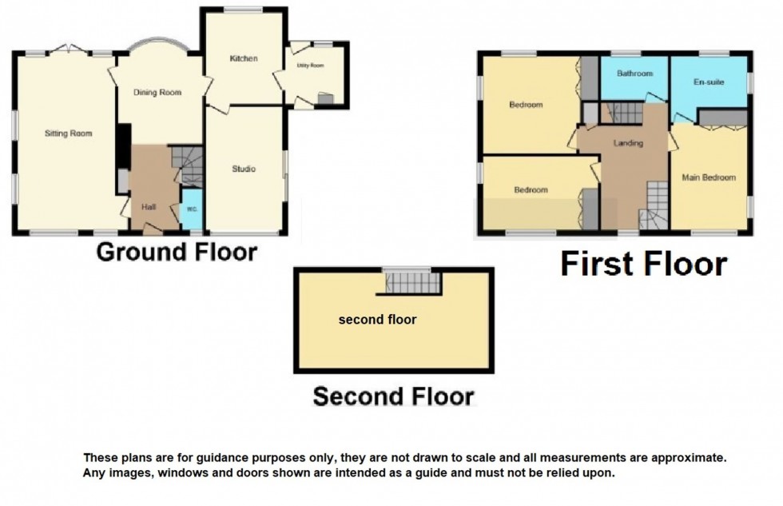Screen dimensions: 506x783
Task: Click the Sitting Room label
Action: [x=69, y=133]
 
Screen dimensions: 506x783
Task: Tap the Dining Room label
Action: [x=157, y=93]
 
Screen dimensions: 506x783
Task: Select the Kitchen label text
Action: [x=244, y=58]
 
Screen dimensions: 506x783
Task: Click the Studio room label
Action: [x=244, y=169]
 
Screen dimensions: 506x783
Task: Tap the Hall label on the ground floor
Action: [x=149, y=207]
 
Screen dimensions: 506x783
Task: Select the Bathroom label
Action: [x=635, y=74]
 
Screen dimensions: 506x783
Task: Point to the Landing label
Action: [x=629, y=143]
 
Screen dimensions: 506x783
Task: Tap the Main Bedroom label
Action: [x=709, y=177]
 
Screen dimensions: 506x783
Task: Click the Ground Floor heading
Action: [x=177, y=253]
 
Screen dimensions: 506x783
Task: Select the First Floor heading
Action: [x=643, y=264]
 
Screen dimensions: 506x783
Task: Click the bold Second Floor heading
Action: [x=393, y=396]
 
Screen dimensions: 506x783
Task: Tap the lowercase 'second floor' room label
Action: [x=377, y=320]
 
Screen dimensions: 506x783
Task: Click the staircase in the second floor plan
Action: [x=412, y=282]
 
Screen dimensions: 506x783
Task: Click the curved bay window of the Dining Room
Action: [x=157, y=46]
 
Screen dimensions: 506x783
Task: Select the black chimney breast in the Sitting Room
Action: [x=123, y=146]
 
